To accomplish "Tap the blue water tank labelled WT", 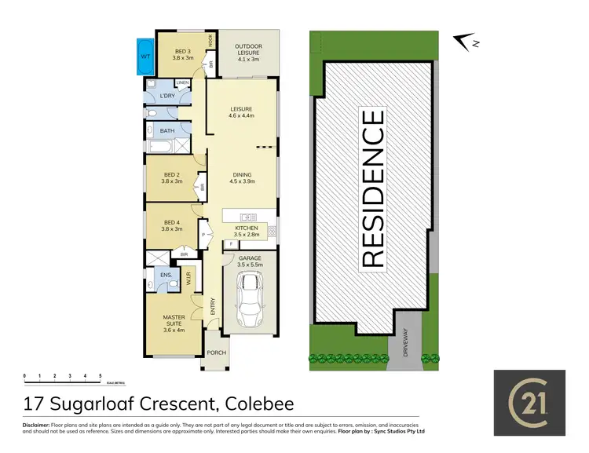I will pyautogui.click(x=146, y=57).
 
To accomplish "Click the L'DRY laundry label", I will pyautogui.click(x=166, y=96).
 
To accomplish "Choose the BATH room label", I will pyautogui.click(x=167, y=131).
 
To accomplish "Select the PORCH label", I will pyautogui.click(x=216, y=353).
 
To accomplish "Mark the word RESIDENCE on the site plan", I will pyautogui.click(x=373, y=188).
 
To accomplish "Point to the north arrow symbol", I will pyautogui.click(x=467, y=41).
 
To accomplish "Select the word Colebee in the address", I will pyautogui.click(x=259, y=404).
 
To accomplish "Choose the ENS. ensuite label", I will pyautogui.click(x=166, y=276).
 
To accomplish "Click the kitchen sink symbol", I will pyautogui.click(x=247, y=215).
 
